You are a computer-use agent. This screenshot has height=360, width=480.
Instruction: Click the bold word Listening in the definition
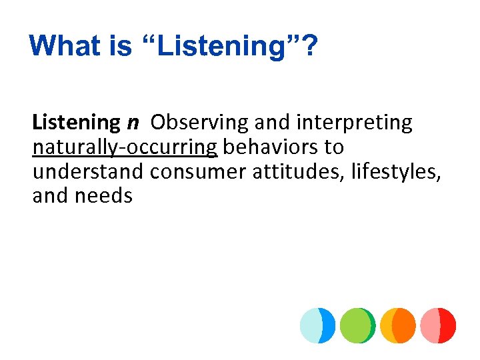pos(75,123)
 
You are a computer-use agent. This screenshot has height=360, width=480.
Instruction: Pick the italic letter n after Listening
pos(133,123)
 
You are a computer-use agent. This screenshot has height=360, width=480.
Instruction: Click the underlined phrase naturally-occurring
pos(125,147)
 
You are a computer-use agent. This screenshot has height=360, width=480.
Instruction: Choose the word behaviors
pos(267,147)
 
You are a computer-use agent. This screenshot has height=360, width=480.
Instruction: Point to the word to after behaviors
pos(333,147)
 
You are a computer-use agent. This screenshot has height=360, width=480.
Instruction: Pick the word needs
pos(105,195)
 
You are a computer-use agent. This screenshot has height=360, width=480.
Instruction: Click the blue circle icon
pos(317,325)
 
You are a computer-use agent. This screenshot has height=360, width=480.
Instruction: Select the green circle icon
pos(357,325)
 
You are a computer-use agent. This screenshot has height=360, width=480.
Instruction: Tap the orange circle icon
pos(398,325)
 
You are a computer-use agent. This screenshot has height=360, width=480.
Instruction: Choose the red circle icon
pos(438,325)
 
